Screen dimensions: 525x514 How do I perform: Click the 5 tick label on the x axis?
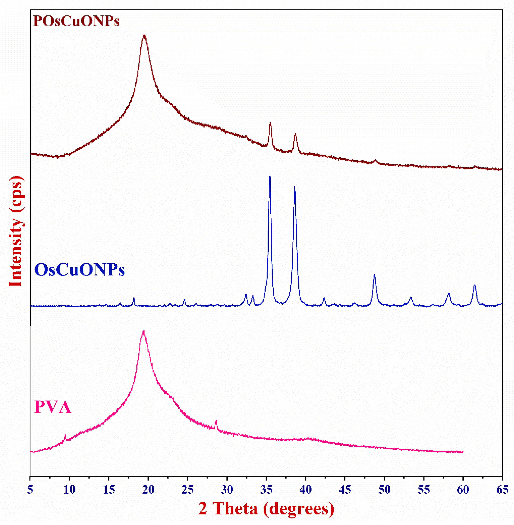point(30,490)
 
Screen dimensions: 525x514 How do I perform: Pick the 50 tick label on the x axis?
point(384,490)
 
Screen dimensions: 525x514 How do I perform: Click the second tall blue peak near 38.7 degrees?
point(295,187)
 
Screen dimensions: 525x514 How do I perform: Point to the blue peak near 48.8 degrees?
point(374,275)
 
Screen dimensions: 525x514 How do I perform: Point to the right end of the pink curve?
point(463,452)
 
